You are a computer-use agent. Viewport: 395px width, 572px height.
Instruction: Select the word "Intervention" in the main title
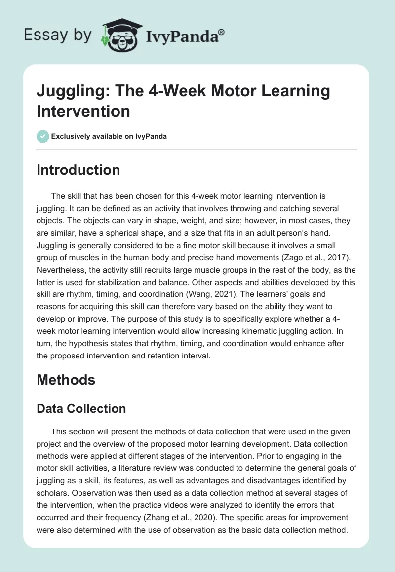pyautogui.click(x=83, y=111)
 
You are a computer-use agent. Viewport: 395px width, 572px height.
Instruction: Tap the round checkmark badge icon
pyautogui.click(x=42, y=136)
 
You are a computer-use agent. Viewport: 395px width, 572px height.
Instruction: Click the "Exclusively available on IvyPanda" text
pyautogui.click(x=109, y=137)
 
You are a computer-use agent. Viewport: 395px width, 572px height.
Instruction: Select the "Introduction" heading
pyautogui.click(x=79, y=170)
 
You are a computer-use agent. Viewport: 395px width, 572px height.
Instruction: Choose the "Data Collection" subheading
pyautogui.click(x=81, y=408)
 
